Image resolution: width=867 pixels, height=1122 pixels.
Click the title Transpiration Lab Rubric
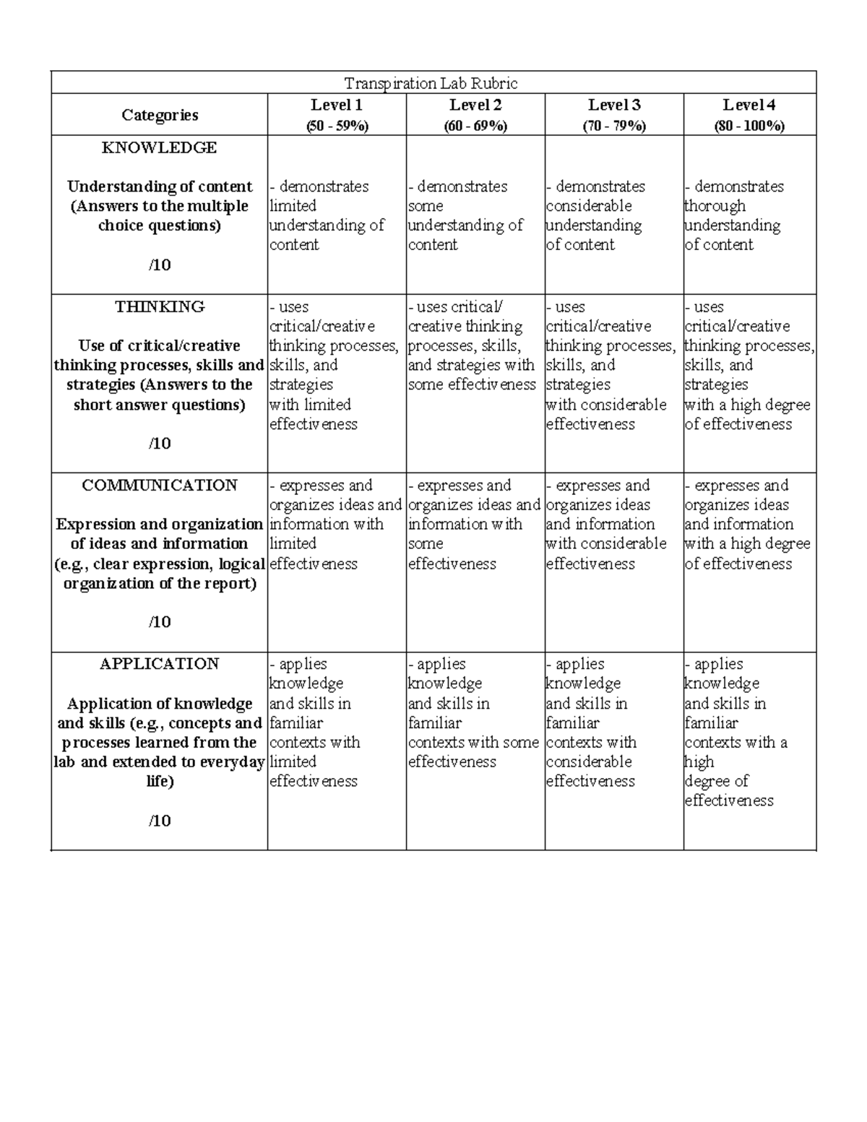(x=431, y=83)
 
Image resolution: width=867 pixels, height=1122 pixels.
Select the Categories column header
(x=160, y=115)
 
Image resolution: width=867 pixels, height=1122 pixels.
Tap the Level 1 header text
(x=337, y=105)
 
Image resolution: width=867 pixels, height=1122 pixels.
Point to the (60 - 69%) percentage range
(x=475, y=126)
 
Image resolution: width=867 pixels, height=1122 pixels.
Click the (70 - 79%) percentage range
(x=614, y=126)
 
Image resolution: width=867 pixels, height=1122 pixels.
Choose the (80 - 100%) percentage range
(x=749, y=126)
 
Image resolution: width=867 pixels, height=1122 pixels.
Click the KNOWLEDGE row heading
(x=159, y=147)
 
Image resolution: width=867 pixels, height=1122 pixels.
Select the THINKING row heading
(x=160, y=306)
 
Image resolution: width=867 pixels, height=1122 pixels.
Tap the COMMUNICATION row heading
(x=160, y=485)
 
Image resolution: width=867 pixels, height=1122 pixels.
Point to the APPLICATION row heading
(x=160, y=663)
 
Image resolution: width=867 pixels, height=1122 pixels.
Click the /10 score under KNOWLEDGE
(x=160, y=264)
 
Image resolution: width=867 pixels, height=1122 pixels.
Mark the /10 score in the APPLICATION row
(x=160, y=820)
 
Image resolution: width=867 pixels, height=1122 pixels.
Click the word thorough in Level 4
(x=715, y=206)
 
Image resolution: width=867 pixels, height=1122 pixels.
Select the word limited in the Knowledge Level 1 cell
(x=293, y=206)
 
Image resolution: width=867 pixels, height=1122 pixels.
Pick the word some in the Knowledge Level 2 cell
(x=426, y=206)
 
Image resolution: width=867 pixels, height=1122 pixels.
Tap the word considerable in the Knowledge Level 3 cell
(x=589, y=206)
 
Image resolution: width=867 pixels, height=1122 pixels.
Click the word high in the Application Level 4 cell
(x=699, y=761)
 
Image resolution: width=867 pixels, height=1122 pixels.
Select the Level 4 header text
(x=749, y=105)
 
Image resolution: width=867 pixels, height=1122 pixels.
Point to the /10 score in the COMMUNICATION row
(x=160, y=621)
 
